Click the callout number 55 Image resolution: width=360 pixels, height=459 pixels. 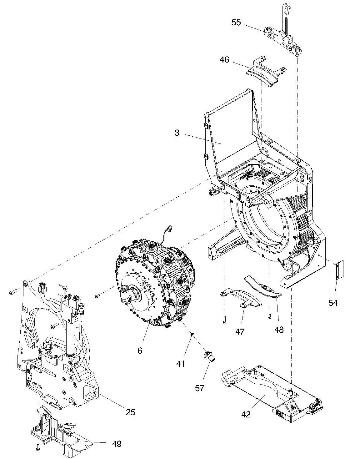pyautogui.click(x=236, y=23)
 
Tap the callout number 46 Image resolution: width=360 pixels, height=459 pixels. pyautogui.click(x=224, y=60)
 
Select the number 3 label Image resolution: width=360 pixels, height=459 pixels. pyautogui.click(x=177, y=133)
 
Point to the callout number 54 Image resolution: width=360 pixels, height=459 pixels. pyautogui.click(x=333, y=303)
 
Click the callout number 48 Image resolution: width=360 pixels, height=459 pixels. pyautogui.click(x=279, y=330)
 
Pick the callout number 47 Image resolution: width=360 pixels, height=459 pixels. pyautogui.click(x=240, y=331)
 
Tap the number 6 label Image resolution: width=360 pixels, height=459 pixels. pyautogui.click(x=140, y=351)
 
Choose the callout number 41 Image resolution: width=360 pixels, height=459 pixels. pyautogui.click(x=180, y=364)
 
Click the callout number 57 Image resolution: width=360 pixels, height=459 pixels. pyautogui.click(x=200, y=388)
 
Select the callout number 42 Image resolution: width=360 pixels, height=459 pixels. pyautogui.click(x=246, y=414)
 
